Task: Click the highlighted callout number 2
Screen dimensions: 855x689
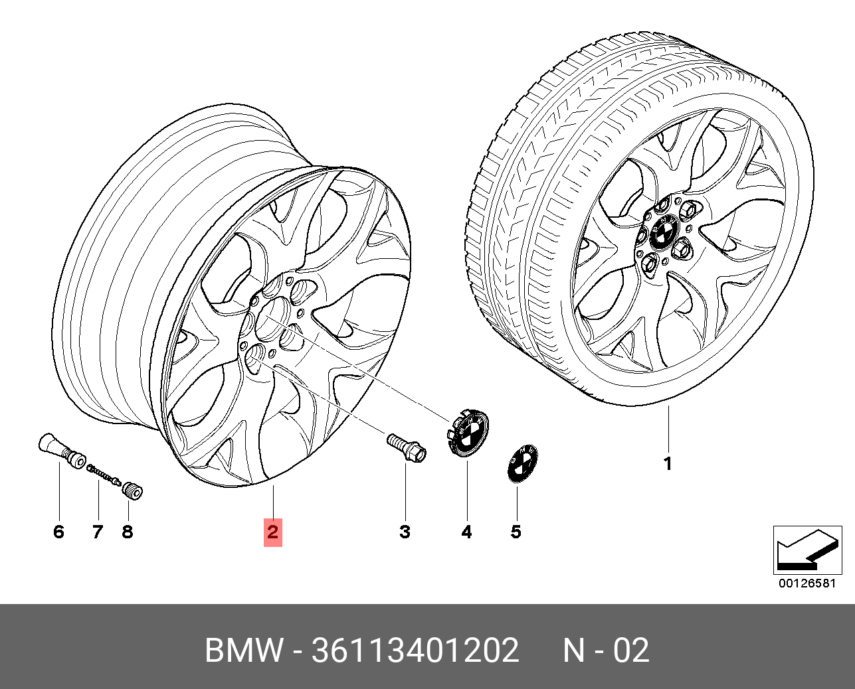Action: [272, 532]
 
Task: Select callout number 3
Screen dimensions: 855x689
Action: [405, 532]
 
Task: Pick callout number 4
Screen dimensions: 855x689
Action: [466, 532]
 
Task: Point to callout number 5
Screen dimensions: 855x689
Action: [516, 532]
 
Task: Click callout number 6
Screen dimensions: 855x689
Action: [59, 532]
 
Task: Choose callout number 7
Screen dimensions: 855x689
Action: [98, 532]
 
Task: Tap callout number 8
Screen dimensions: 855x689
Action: [127, 532]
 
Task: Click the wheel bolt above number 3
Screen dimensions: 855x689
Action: [406, 447]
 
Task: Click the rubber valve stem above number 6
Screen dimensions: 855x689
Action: [62, 451]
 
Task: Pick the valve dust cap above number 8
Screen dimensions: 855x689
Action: [133, 491]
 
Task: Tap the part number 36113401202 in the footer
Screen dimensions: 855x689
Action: [415, 651]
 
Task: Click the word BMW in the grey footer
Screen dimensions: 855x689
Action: [244, 651]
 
